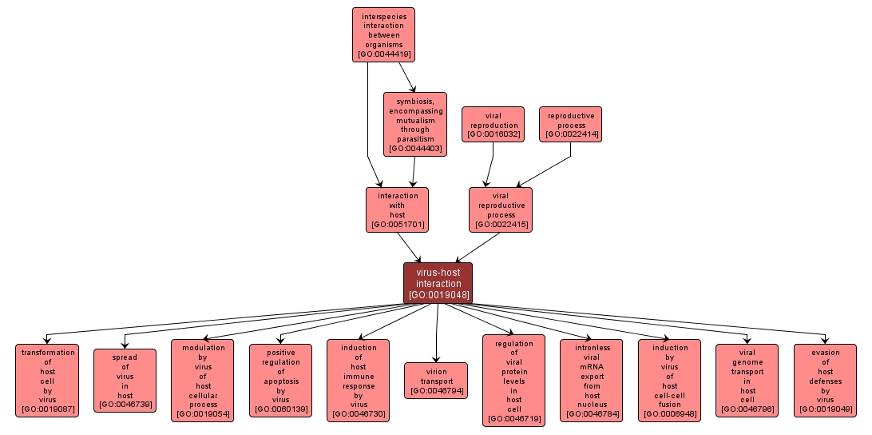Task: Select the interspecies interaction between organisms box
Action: (x=383, y=34)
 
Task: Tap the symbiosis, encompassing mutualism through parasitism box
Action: (x=414, y=124)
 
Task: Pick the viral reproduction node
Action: (x=493, y=125)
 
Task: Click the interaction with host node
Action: (x=397, y=210)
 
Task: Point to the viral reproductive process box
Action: (x=500, y=210)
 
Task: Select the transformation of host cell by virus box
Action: (x=47, y=381)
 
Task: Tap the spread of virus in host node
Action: (x=125, y=381)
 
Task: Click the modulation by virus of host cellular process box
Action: (x=203, y=381)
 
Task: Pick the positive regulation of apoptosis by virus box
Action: (x=280, y=381)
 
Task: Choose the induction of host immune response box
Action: (x=358, y=381)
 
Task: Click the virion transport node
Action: (x=436, y=381)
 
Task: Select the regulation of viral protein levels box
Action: (x=513, y=381)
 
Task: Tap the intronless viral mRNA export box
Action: (x=592, y=381)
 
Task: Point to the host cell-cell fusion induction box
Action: (x=669, y=381)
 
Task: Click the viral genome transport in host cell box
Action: (x=747, y=381)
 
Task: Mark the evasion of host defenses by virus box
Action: (x=825, y=381)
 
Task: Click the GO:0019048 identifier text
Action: (x=438, y=295)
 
